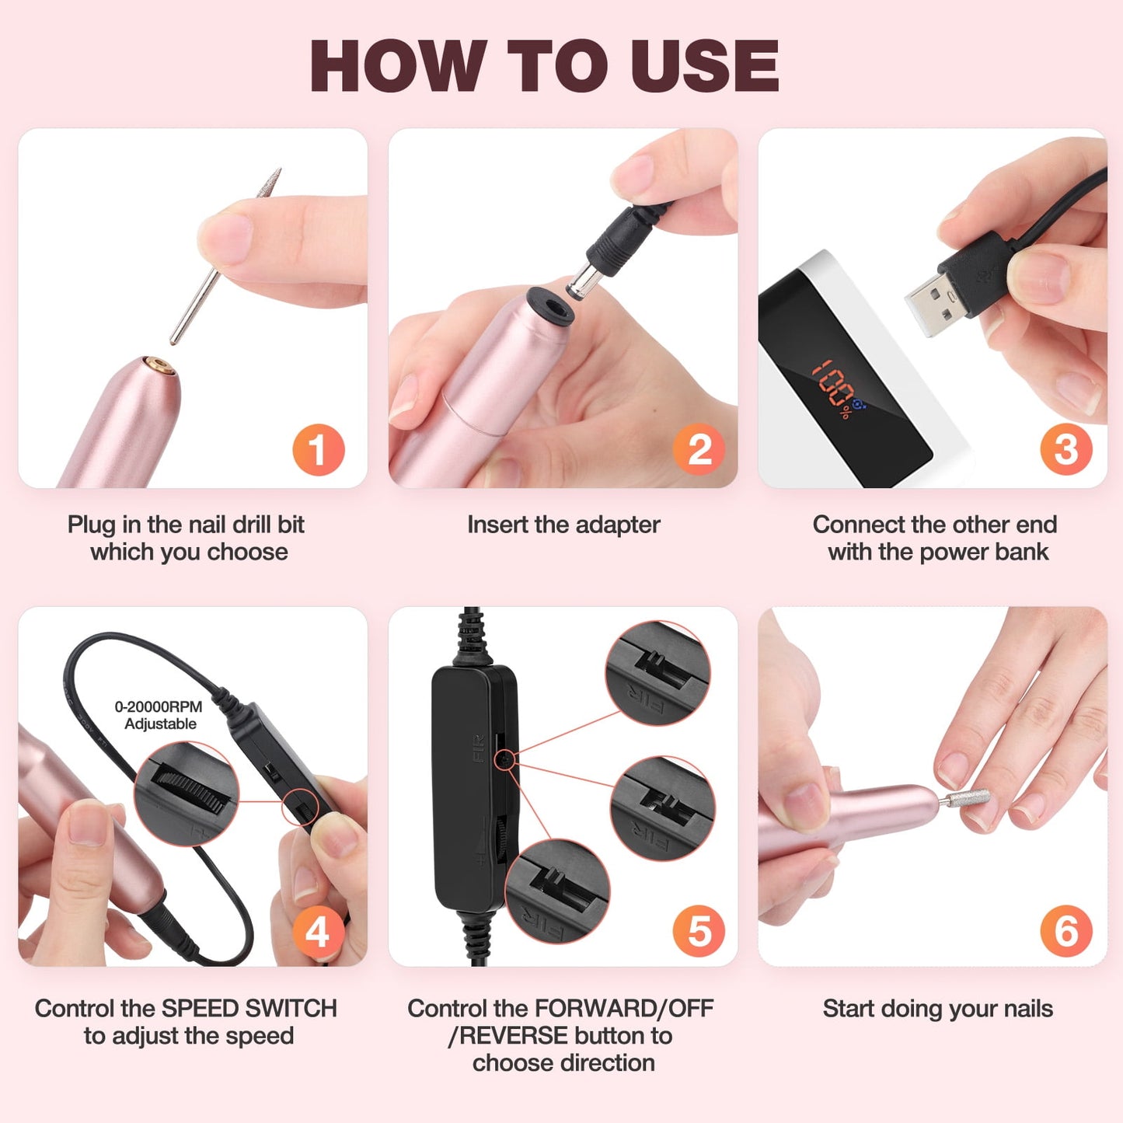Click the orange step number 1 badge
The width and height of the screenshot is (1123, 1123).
tap(318, 450)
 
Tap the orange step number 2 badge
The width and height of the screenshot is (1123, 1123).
tap(699, 450)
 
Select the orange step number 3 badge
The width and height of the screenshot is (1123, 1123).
tap(1065, 450)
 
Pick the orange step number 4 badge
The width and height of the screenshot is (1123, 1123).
tap(318, 931)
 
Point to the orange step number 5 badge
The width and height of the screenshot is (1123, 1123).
tap(699, 931)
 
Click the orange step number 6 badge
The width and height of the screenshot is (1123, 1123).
tap(1065, 931)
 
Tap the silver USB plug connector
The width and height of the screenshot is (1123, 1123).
tap(932, 303)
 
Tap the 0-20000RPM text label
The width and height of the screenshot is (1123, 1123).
tap(159, 706)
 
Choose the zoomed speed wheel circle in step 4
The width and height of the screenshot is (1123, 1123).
tap(187, 793)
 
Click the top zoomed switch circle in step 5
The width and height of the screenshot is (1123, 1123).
tap(657, 673)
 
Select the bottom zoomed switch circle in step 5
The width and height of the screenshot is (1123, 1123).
tap(557, 891)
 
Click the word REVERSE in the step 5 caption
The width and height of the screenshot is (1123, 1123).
tap(513, 1036)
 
